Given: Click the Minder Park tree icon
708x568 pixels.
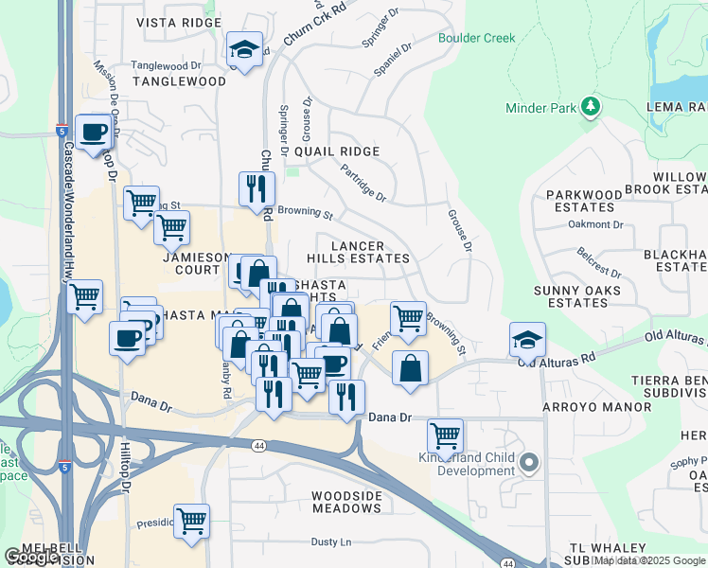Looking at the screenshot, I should coord(593,106).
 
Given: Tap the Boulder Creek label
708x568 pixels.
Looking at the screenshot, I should coord(476,38).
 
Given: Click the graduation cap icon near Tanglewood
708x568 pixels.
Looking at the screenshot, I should coord(244,50).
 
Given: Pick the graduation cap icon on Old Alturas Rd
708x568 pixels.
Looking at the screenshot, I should coord(527,339).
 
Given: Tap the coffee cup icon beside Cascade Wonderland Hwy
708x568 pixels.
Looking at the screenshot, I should coord(93,133).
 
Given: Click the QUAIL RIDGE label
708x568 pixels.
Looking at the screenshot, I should coord(336,151).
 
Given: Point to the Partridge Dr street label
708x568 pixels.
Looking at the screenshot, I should coord(363,185).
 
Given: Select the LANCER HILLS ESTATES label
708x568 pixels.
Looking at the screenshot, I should coord(358,251).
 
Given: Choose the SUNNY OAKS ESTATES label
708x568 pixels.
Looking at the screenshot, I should coord(576,296).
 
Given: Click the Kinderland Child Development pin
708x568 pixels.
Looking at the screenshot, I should coord(528,464).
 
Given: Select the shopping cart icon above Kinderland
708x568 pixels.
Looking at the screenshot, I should coord(445,435).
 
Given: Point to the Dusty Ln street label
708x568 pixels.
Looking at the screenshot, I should coord(331,542).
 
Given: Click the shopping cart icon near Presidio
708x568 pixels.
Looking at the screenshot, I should coord(191,520).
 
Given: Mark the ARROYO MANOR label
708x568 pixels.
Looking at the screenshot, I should coord(596,407).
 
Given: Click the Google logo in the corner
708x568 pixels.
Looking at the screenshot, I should coord(30,557).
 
